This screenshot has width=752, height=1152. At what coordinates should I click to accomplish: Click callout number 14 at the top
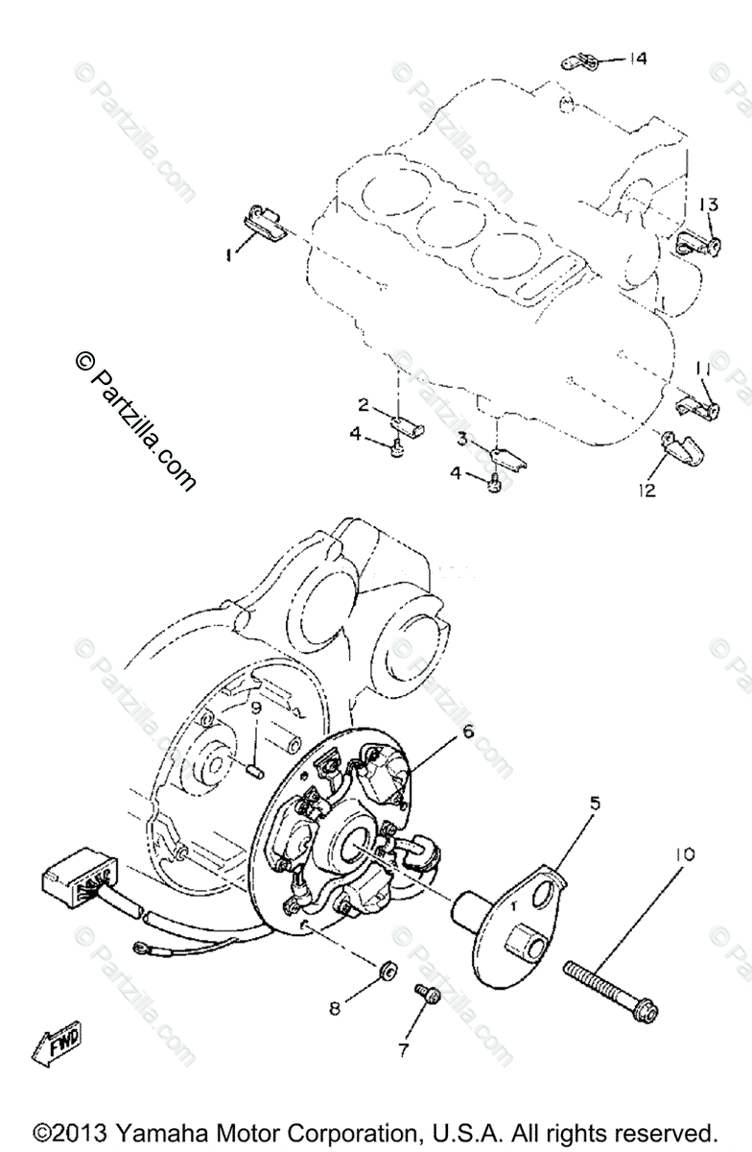[638, 59]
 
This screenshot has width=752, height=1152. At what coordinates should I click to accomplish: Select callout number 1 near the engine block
[228, 255]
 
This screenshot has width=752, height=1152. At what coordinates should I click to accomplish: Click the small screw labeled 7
[425, 995]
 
